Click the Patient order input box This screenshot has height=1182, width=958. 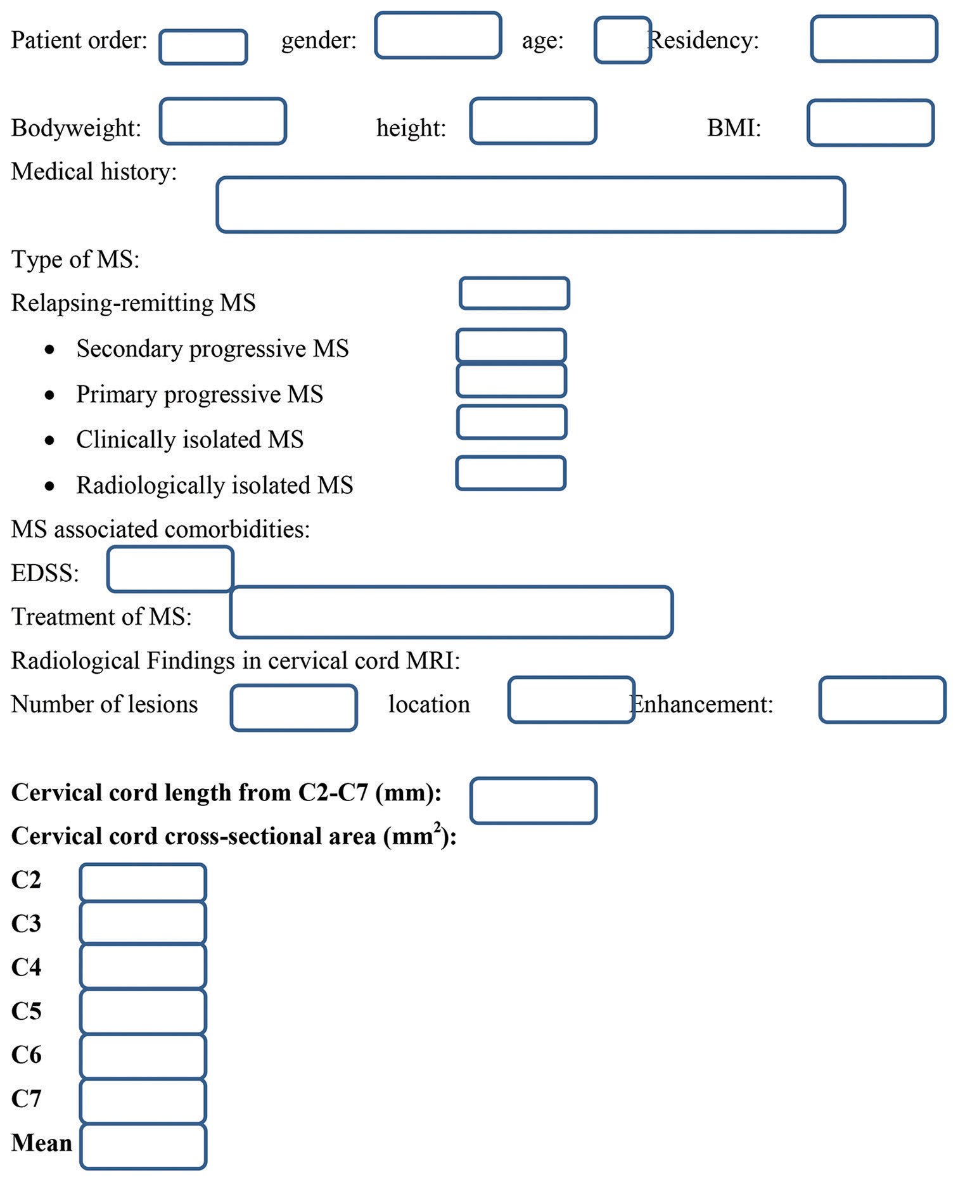click(x=203, y=47)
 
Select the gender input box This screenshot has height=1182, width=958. click(x=438, y=35)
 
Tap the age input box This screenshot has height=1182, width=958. click(x=622, y=40)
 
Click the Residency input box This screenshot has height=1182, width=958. click(x=874, y=39)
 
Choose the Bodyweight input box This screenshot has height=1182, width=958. click(x=222, y=121)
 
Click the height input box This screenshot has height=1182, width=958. click(x=533, y=121)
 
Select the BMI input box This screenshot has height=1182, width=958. click(x=871, y=123)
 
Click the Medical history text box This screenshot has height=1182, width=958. click(x=531, y=205)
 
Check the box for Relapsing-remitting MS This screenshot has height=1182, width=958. click(x=514, y=293)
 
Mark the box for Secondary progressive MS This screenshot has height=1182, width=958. click(x=511, y=346)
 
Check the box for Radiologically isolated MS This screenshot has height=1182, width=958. click(x=510, y=473)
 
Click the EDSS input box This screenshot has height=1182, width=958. click(x=170, y=569)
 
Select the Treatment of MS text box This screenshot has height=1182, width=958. click(x=451, y=612)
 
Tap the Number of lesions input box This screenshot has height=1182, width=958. click(x=293, y=707)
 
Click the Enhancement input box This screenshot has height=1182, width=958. click(x=882, y=700)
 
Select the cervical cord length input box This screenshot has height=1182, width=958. click(x=533, y=800)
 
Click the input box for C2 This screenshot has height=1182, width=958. click(x=143, y=882)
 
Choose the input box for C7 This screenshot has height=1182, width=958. click(x=143, y=1101)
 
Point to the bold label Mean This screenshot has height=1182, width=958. click(x=42, y=1143)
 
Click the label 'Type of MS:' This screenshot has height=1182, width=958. click(x=75, y=260)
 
